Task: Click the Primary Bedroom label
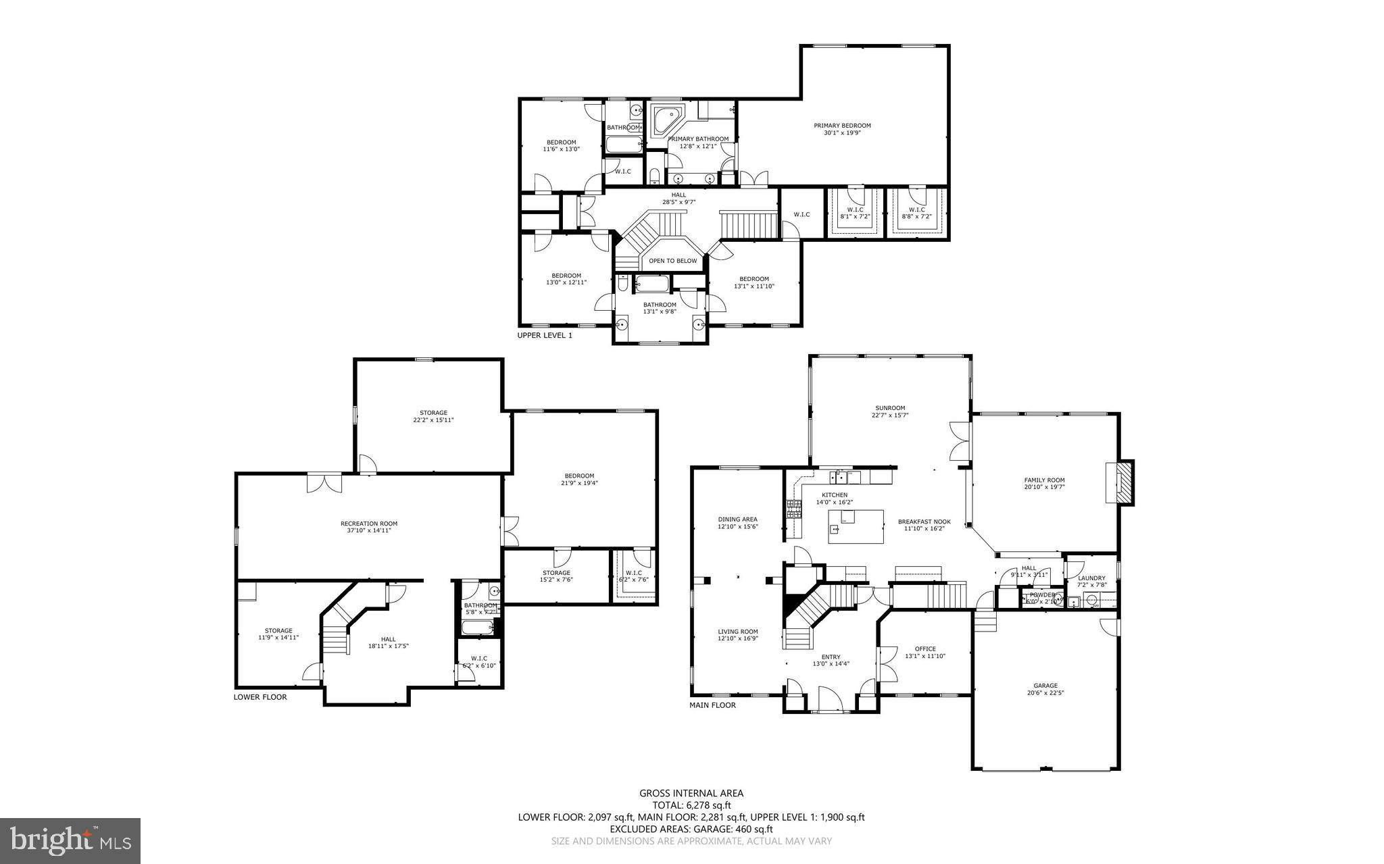tap(841, 126)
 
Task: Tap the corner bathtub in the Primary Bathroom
tap(666, 121)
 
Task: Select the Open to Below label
tap(672, 261)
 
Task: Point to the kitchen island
tap(856, 527)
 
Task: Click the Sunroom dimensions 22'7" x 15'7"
tap(889, 415)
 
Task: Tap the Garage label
tap(1045, 685)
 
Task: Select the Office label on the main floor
tap(925, 649)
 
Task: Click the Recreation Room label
tap(368, 524)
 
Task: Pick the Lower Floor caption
tap(260, 697)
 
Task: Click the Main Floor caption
tap(712, 705)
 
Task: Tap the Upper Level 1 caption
tap(545, 335)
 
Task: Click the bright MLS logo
tap(70, 840)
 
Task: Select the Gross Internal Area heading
tap(691, 793)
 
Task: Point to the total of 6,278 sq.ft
tap(691, 805)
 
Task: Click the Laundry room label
tap(1091, 578)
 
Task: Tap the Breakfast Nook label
tap(924, 522)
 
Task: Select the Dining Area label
tap(737, 519)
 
